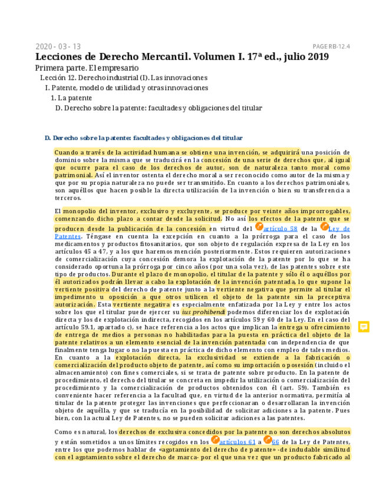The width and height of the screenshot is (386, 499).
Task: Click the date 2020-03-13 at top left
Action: (58, 46)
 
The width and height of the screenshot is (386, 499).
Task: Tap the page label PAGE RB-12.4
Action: (331, 46)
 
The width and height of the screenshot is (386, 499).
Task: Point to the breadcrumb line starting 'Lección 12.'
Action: (124, 78)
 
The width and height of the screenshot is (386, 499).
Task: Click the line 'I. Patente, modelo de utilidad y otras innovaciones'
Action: (127, 88)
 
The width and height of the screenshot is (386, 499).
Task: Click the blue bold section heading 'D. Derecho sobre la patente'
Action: (143, 138)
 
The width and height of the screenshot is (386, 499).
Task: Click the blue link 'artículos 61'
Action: (237, 441)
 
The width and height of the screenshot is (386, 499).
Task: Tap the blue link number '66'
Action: (275, 441)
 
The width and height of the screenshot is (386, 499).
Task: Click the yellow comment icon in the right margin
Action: (364, 327)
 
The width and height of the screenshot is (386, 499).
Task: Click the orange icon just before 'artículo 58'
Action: (259, 227)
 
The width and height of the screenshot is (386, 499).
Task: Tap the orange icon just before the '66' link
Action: (268, 440)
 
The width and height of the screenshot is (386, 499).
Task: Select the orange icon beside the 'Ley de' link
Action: (324, 227)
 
